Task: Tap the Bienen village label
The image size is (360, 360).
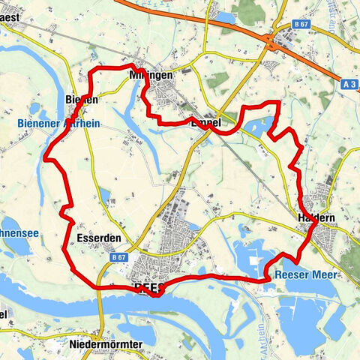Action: [x=82, y=99]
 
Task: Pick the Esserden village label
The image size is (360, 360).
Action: [x=99, y=238]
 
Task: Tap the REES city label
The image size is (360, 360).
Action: [x=148, y=288]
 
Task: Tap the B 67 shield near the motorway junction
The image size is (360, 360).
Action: [x=301, y=25]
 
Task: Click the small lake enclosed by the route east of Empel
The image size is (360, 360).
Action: [x=259, y=124]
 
